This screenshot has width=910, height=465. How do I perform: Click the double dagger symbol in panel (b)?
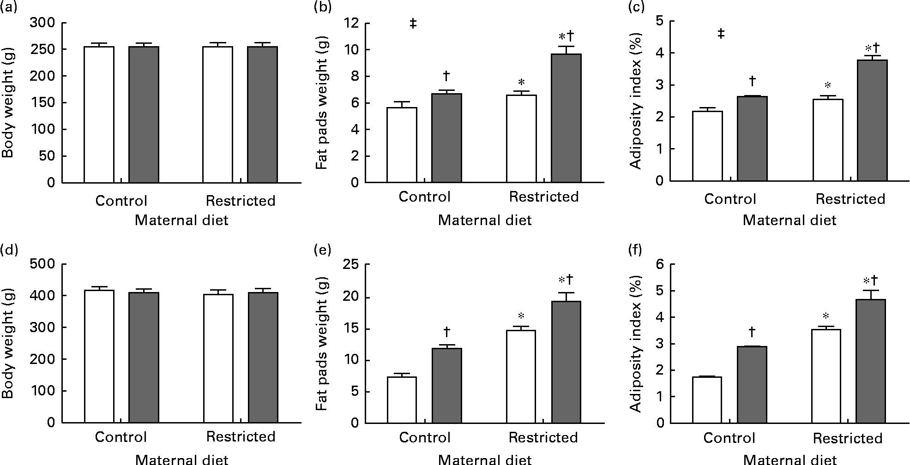click(x=413, y=24)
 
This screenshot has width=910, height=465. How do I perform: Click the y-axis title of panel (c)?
click(x=636, y=101)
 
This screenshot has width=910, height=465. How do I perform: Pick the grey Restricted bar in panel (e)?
click(x=566, y=362)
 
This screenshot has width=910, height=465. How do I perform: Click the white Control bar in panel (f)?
click(x=707, y=400)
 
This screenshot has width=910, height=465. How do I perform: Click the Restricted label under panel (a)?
click(x=241, y=201)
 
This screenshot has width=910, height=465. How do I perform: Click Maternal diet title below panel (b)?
click(x=485, y=220)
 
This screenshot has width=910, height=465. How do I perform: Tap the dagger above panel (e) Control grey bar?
click(x=446, y=331)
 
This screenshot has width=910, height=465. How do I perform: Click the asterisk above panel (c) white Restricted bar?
click(x=828, y=85)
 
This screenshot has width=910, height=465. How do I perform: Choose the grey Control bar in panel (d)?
click(x=144, y=358)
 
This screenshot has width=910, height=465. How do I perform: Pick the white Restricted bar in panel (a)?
click(x=218, y=115)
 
